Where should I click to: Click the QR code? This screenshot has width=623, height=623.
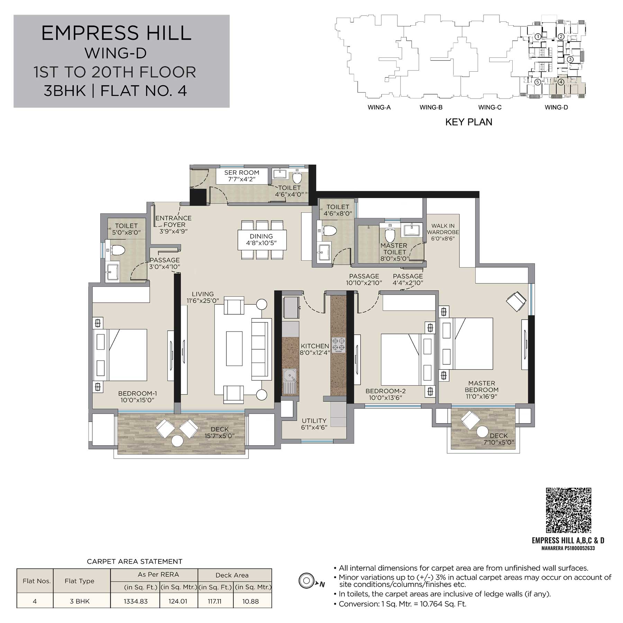(x=568, y=510)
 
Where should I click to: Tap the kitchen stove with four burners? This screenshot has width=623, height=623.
(x=339, y=345)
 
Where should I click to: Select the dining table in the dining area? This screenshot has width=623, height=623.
(x=262, y=240)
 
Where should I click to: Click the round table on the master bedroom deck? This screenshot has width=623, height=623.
(x=482, y=432)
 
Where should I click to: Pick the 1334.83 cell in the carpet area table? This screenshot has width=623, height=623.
(x=136, y=601)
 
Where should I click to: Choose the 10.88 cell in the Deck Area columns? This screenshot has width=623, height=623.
(x=251, y=601)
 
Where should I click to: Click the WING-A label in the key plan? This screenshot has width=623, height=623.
(x=379, y=107)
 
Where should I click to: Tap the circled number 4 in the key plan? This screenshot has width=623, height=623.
(x=561, y=82)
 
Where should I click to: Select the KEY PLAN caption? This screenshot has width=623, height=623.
(x=469, y=122)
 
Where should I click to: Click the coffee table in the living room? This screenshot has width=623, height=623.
(x=234, y=348)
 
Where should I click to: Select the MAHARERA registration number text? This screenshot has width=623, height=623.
(x=568, y=548)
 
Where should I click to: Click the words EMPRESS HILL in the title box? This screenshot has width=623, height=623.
(x=116, y=33)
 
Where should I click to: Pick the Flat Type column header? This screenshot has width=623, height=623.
(x=79, y=581)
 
